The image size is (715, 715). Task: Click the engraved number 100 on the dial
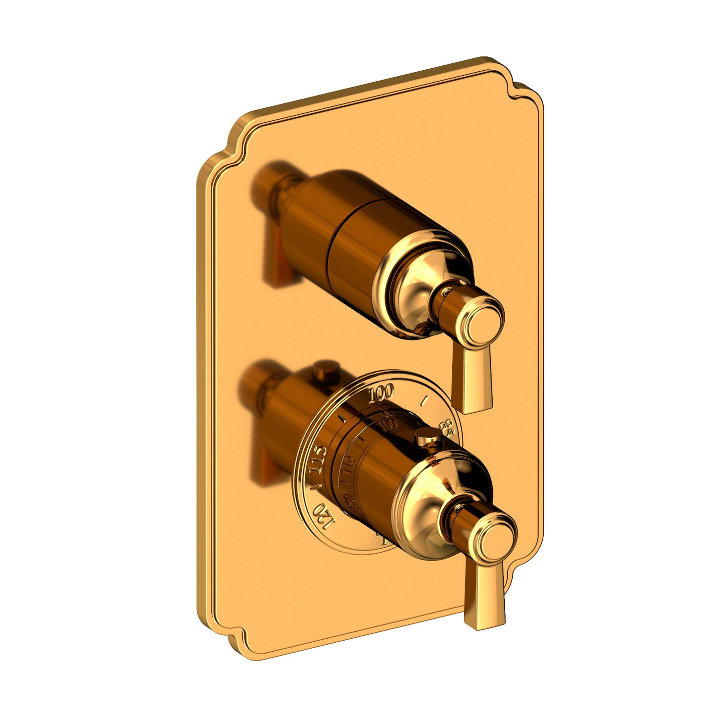(381, 393)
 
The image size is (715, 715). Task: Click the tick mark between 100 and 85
(423, 399)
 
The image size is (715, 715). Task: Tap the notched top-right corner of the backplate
(520, 89)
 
